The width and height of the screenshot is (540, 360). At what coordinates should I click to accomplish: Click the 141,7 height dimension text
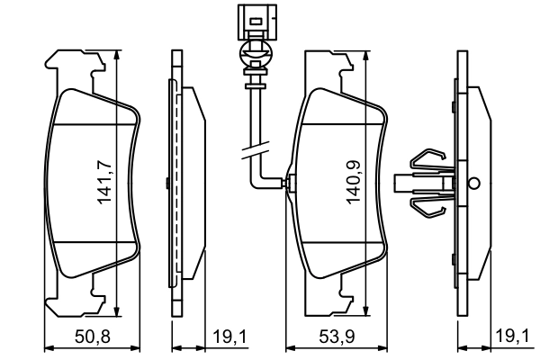104,180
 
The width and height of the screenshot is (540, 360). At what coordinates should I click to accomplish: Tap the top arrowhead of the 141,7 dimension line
118,54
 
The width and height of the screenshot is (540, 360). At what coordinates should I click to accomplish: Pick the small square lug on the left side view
167,183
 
